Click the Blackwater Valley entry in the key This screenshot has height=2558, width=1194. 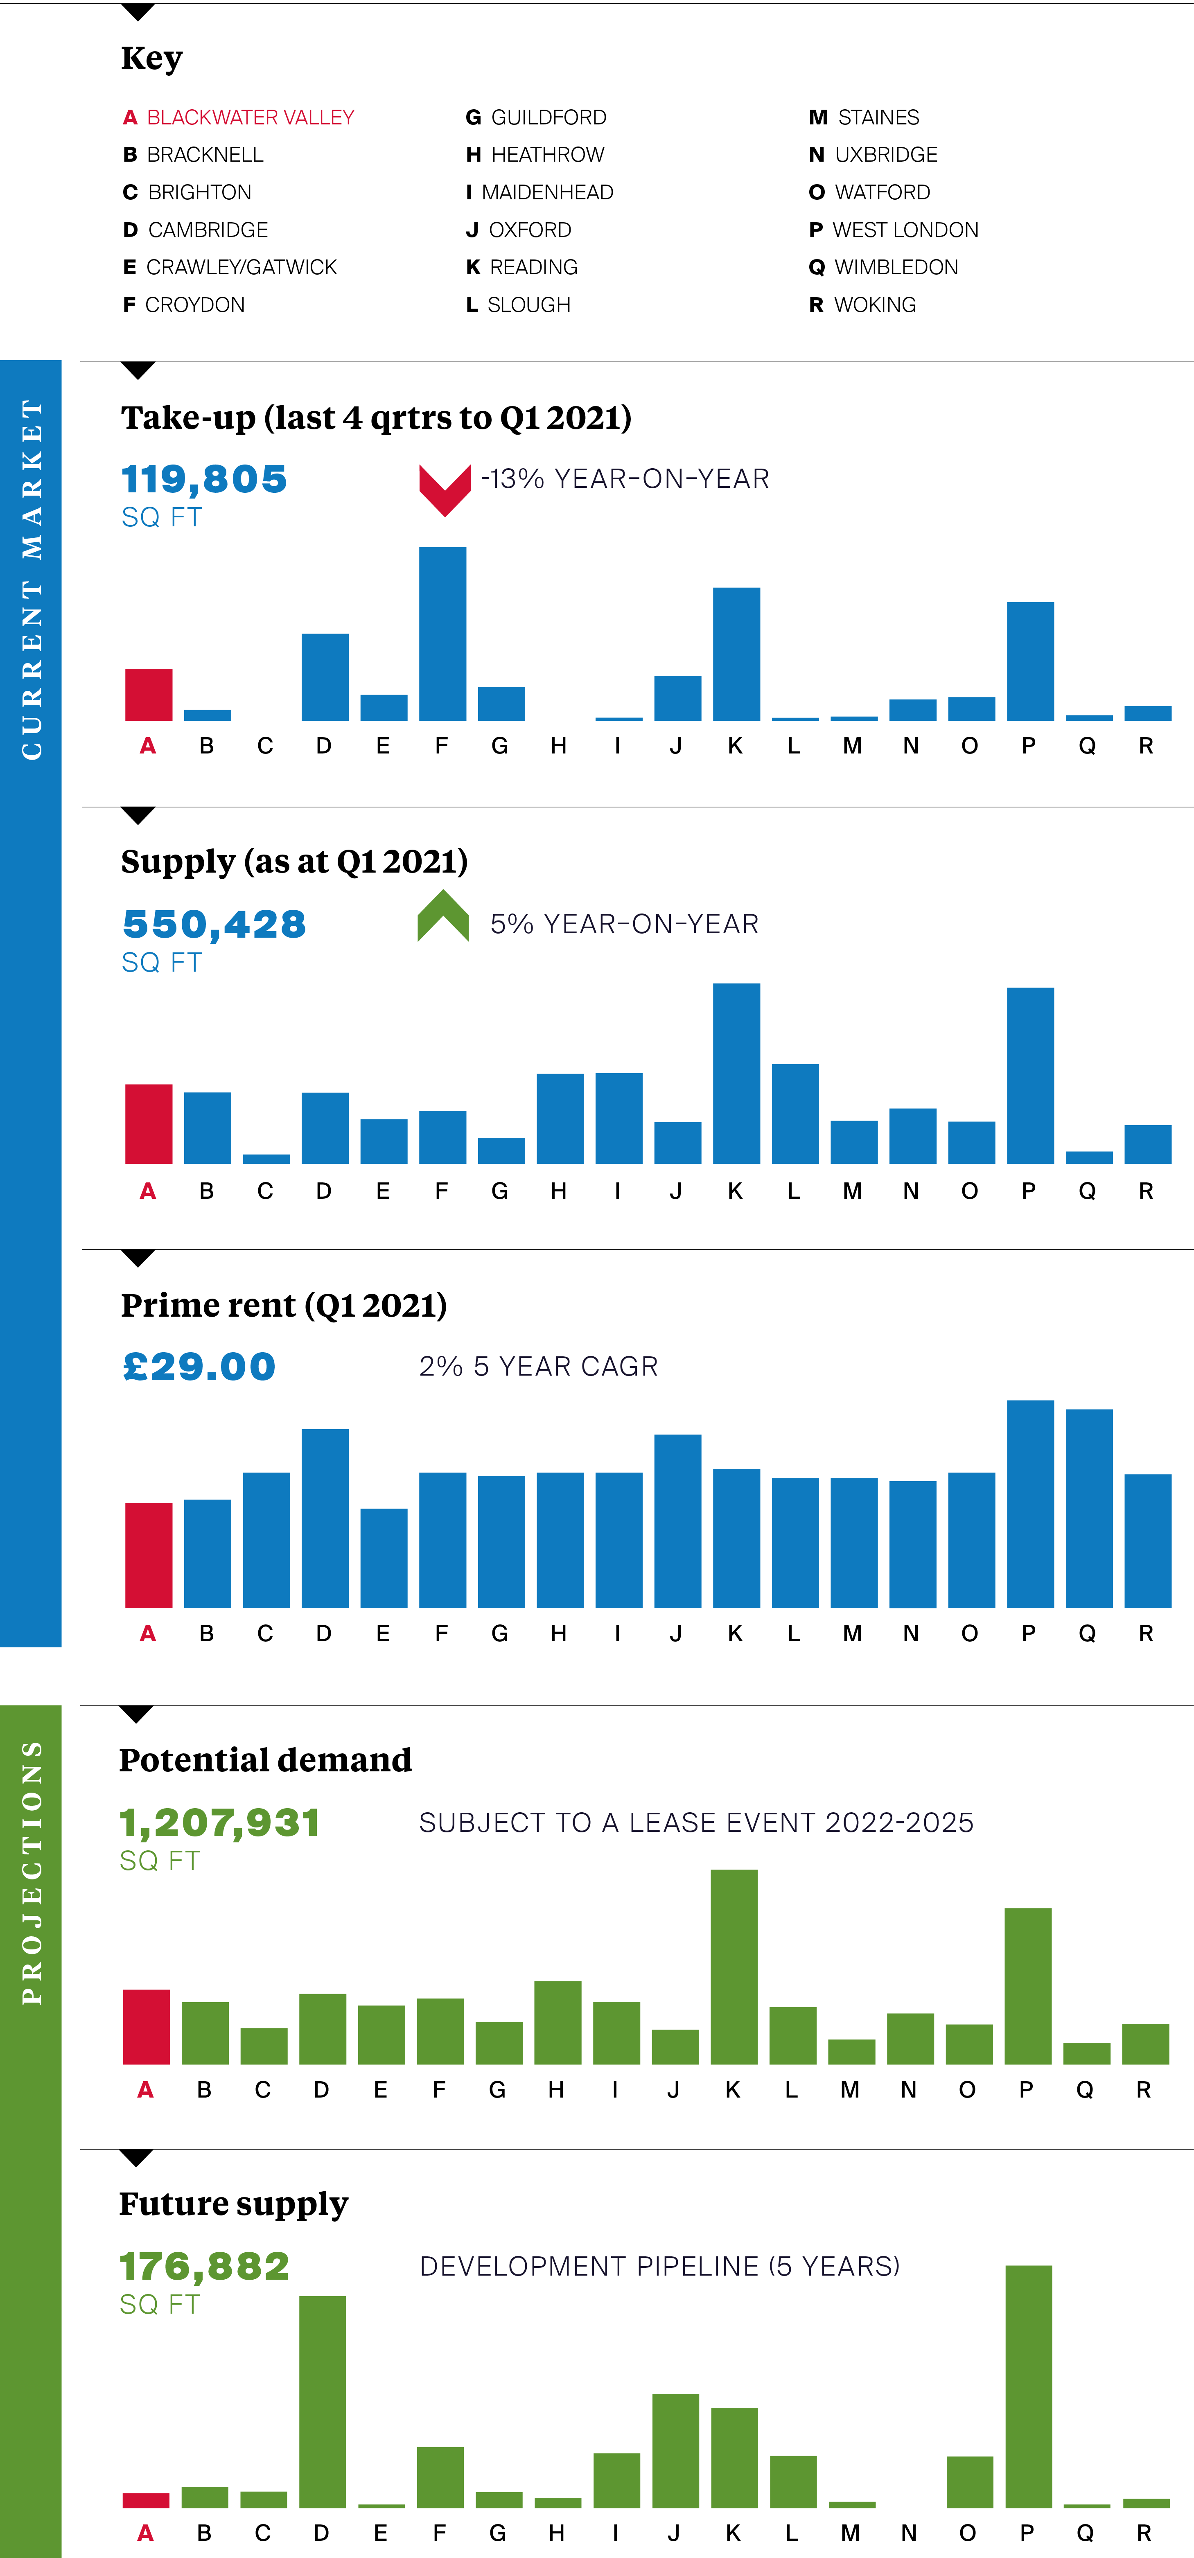click(238, 117)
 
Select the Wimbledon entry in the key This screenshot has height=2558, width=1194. click(884, 267)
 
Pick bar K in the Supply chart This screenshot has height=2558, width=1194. click(736, 1072)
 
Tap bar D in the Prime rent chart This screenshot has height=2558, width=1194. click(325, 1517)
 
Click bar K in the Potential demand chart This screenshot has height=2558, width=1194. click(734, 1966)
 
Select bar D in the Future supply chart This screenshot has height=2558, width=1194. click(323, 2401)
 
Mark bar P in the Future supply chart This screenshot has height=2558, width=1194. click(1028, 2386)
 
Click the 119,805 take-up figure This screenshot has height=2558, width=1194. click(203, 480)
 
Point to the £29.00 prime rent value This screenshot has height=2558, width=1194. click(199, 1367)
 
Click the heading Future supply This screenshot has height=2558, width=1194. click(233, 2202)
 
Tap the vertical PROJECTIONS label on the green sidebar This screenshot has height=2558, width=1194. click(32, 1872)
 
